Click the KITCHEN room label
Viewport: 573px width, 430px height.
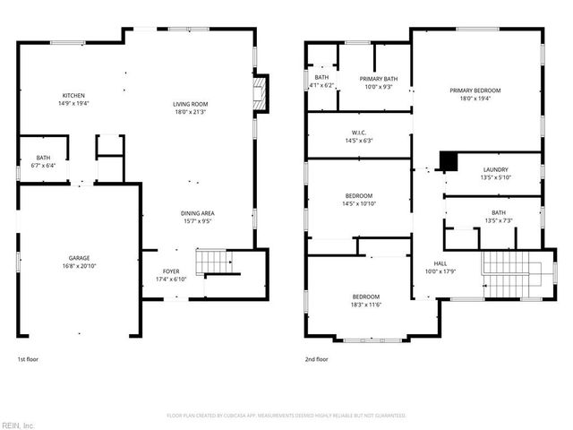coord(73,96)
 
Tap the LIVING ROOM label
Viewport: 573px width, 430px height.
coord(190,105)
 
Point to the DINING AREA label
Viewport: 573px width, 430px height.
coord(198,212)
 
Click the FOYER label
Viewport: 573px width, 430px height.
coord(170,271)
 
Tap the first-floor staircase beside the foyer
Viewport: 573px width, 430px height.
coord(218,263)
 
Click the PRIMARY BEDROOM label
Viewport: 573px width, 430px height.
coord(475,90)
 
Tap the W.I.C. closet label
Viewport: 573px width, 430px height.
coord(355,132)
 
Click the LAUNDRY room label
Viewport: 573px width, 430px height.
coord(495,169)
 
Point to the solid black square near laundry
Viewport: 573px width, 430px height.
coord(448,161)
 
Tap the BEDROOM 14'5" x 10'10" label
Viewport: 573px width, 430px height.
coord(358,195)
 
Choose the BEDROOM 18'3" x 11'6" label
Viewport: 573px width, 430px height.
coord(365,297)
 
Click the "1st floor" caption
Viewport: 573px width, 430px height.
coord(28,359)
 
